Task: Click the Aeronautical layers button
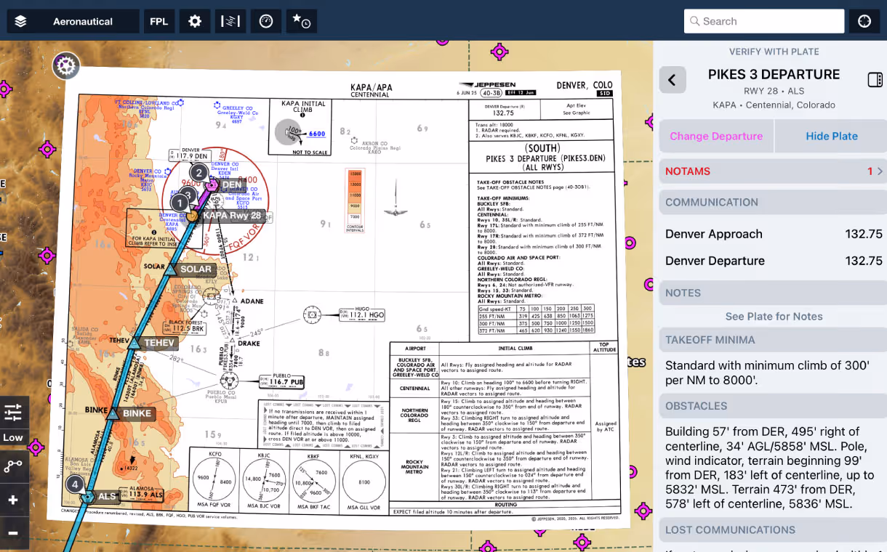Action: point(73,22)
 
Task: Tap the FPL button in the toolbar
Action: point(158,22)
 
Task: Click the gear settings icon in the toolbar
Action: point(195,22)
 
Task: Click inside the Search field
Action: point(763,22)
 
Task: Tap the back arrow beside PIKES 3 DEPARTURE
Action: point(672,80)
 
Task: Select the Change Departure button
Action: point(716,136)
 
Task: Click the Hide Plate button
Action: point(831,136)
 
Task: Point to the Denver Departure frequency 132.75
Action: point(863,261)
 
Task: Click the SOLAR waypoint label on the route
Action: point(196,269)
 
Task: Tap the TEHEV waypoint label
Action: point(159,343)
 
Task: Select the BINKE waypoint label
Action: point(137,414)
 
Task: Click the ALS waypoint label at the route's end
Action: point(107,497)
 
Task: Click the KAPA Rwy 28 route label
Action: point(231,216)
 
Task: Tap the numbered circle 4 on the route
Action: point(74,484)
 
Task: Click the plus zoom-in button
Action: point(13,500)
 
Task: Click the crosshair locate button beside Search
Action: point(864,22)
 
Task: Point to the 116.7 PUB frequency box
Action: point(286,381)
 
